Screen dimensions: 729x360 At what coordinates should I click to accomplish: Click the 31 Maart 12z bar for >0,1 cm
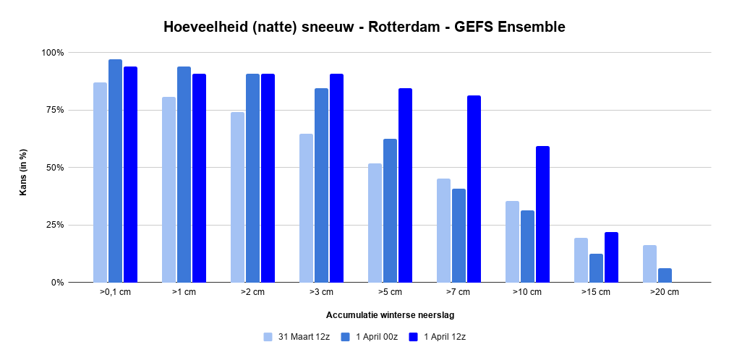(100, 182)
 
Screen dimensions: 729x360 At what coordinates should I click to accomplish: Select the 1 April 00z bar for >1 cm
(184, 174)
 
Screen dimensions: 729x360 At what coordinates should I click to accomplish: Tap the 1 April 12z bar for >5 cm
(405, 185)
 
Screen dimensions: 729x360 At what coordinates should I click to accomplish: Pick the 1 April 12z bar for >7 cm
(474, 189)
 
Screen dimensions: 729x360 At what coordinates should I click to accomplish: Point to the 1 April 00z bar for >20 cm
(665, 275)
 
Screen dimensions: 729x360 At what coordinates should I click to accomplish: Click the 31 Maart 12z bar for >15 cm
(581, 260)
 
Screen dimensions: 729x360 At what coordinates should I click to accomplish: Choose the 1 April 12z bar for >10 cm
(542, 214)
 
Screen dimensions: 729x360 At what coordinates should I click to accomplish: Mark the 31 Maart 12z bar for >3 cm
(306, 207)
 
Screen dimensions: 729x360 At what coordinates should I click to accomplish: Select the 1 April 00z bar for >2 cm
(253, 178)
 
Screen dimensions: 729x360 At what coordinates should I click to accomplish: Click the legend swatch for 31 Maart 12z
(268, 337)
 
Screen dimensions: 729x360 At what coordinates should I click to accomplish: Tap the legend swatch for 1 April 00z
(346, 337)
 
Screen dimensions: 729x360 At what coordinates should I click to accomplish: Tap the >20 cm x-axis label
(665, 292)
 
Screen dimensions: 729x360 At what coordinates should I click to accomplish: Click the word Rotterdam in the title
(404, 27)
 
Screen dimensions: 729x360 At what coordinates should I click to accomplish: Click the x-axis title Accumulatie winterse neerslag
(390, 315)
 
